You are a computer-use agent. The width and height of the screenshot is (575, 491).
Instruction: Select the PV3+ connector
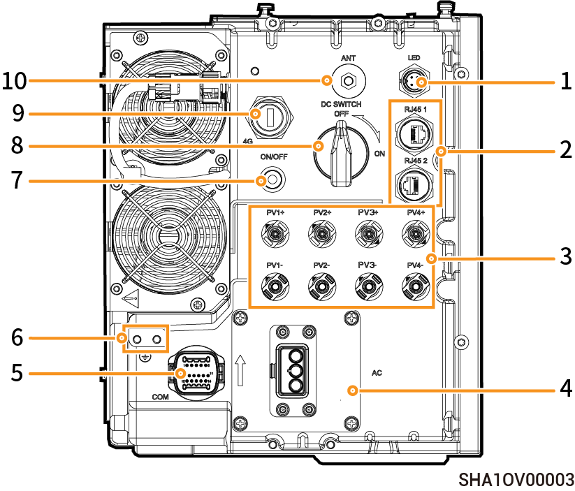point(367,233)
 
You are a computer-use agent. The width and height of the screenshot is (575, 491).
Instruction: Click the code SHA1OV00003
point(516,480)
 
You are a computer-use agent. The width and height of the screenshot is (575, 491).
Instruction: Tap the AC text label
point(377,373)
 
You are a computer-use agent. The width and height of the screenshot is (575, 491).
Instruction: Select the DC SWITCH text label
point(342,103)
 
